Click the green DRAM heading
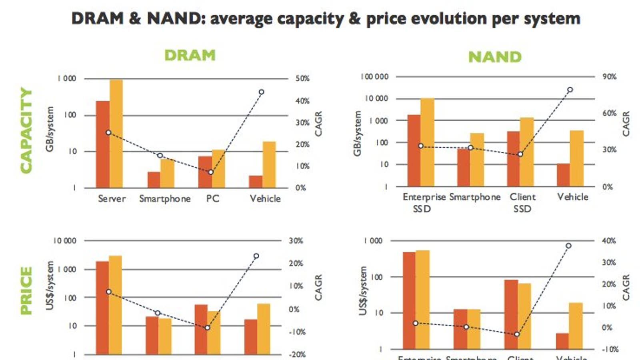[x=190, y=55]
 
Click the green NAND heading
[x=495, y=57]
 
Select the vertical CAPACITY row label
[x=26, y=130]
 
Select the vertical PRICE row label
[x=26, y=290]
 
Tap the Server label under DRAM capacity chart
[x=112, y=199]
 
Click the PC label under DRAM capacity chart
[x=212, y=199]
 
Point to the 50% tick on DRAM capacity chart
[x=302, y=79]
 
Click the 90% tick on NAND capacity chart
[x=609, y=77]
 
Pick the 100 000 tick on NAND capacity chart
[x=374, y=77]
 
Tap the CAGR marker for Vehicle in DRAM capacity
[x=261, y=92]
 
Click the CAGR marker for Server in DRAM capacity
[x=108, y=132]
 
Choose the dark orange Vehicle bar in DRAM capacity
[x=256, y=182]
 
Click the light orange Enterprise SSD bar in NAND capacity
[x=427, y=142]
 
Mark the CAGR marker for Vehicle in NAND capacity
[x=570, y=90]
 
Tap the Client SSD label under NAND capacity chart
[x=522, y=203]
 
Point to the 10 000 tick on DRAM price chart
[x=65, y=241]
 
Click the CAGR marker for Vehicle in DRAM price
[x=256, y=256]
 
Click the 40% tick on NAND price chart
[x=608, y=241]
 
